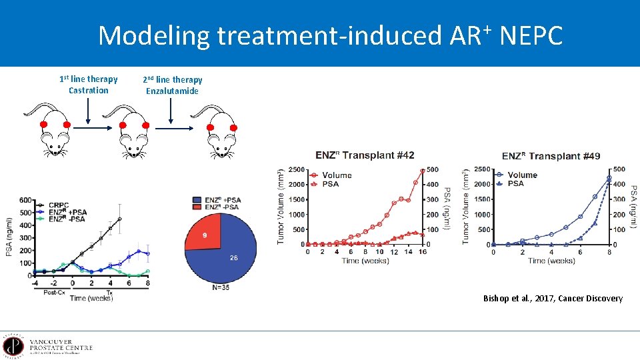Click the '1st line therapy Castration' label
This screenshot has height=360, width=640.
88,85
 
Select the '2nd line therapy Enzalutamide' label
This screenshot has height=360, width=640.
172,85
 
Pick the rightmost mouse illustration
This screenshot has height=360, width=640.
220,133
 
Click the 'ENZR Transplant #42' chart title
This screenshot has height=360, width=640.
365,155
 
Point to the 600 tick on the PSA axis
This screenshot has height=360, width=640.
25,200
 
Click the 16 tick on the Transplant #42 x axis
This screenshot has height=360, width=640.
423,252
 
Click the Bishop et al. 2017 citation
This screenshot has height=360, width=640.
553,298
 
